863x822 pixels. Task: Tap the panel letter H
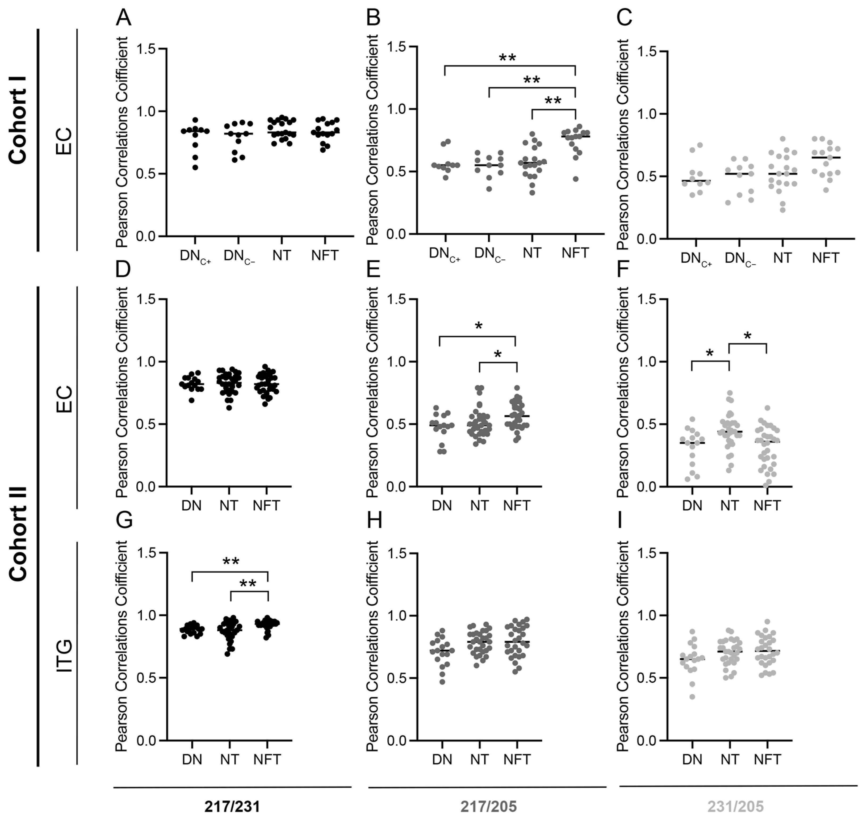pyautogui.click(x=374, y=521)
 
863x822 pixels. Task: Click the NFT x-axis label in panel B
pyautogui.click(x=576, y=253)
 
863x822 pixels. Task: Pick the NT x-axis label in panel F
pyautogui.click(x=729, y=506)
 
